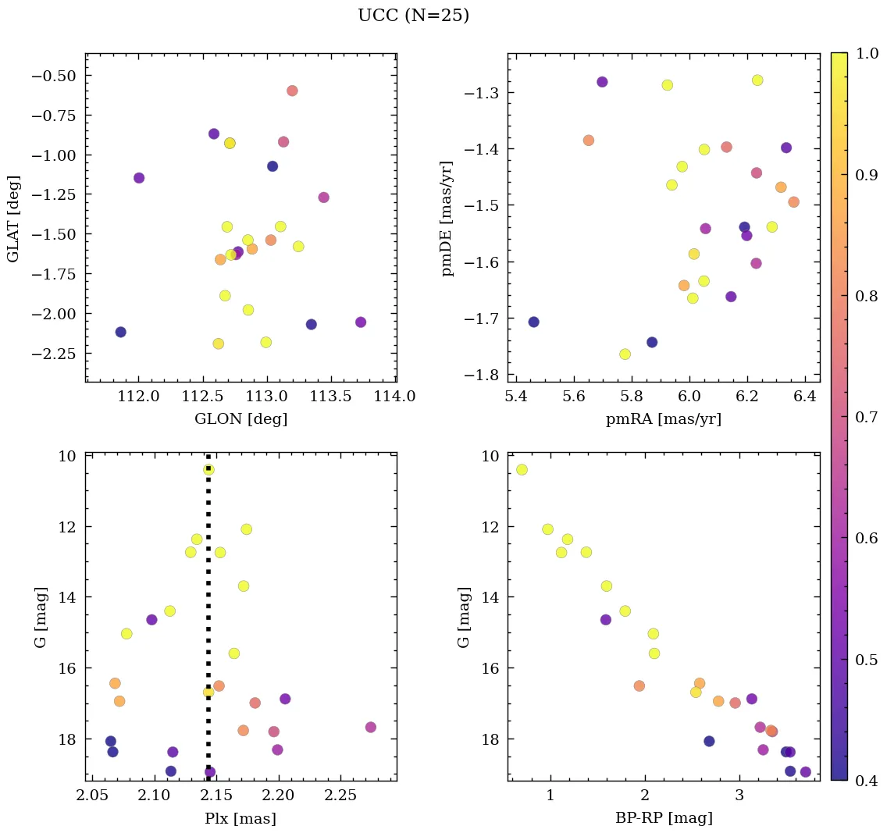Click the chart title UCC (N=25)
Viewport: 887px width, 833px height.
413,16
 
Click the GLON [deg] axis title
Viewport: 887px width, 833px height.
240,419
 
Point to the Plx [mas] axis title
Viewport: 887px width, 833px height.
240,819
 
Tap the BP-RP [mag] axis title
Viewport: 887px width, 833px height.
663,819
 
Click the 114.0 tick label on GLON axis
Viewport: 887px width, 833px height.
395,397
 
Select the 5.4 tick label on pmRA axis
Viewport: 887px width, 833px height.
516,397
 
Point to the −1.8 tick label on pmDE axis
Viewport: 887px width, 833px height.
484,375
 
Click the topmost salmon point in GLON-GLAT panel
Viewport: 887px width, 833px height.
292,91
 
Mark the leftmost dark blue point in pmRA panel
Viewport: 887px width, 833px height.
533,322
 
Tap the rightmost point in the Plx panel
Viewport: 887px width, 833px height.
370,727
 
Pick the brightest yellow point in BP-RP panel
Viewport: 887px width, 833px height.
522,469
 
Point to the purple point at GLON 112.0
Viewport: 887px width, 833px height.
139,178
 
